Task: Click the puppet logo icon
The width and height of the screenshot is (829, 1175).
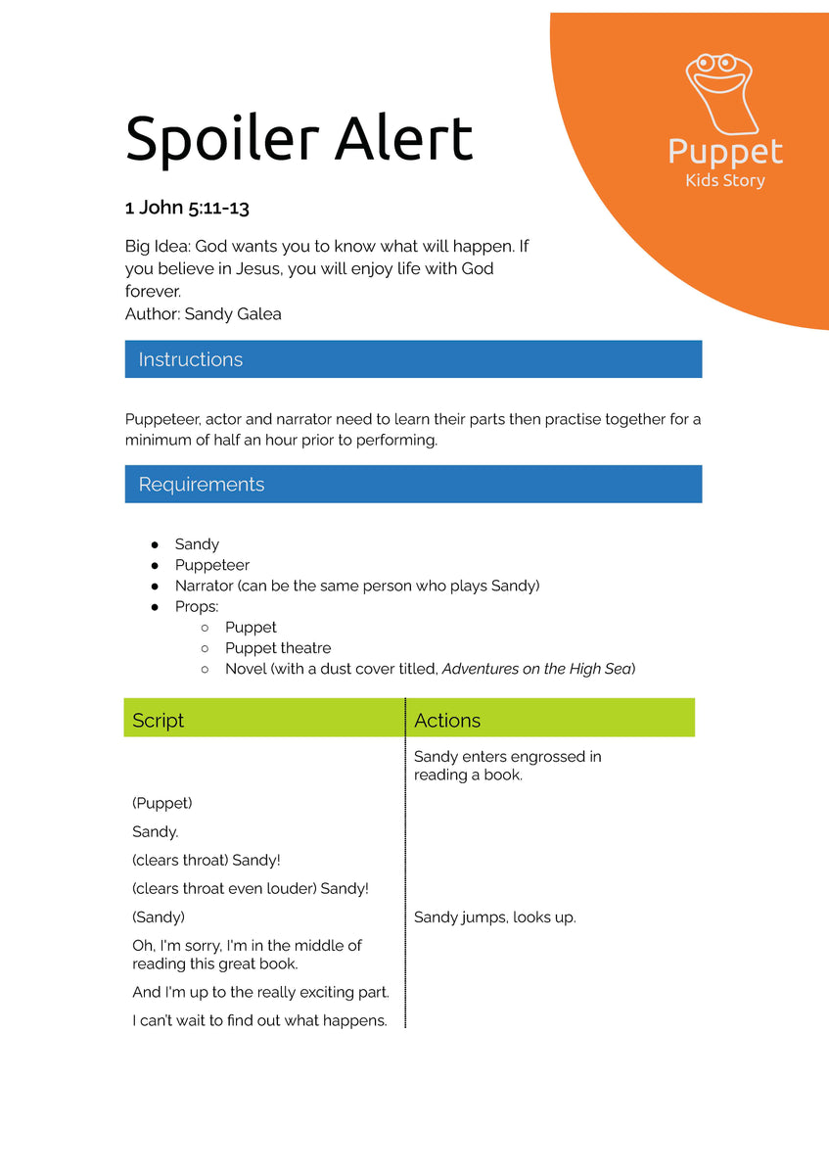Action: coord(724,93)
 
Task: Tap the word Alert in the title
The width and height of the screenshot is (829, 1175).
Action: coord(403,138)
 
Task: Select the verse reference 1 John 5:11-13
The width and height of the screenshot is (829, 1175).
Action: coord(187,208)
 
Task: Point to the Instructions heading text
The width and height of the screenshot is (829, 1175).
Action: coord(190,359)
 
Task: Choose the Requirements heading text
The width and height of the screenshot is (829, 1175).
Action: coord(201,485)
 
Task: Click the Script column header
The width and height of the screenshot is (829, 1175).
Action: coord(158,721)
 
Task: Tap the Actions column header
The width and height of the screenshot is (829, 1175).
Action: coord(447,721)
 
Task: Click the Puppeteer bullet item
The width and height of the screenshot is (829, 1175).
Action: coord(212,565)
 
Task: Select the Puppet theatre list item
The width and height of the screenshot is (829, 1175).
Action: coord(278,648)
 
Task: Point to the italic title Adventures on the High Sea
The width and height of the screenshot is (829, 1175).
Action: coord(536,669)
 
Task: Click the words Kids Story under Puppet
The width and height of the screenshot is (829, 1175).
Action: coord(725,180)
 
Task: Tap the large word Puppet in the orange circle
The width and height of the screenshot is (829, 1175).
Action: coord(725,152)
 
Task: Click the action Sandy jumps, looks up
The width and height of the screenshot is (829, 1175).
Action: coord(495,917)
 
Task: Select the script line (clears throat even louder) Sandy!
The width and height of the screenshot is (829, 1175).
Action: coord(251,889)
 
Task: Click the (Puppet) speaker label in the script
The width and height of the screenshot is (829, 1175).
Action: coord(162,803)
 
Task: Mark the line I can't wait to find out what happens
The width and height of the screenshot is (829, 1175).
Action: coord(259,1020)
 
